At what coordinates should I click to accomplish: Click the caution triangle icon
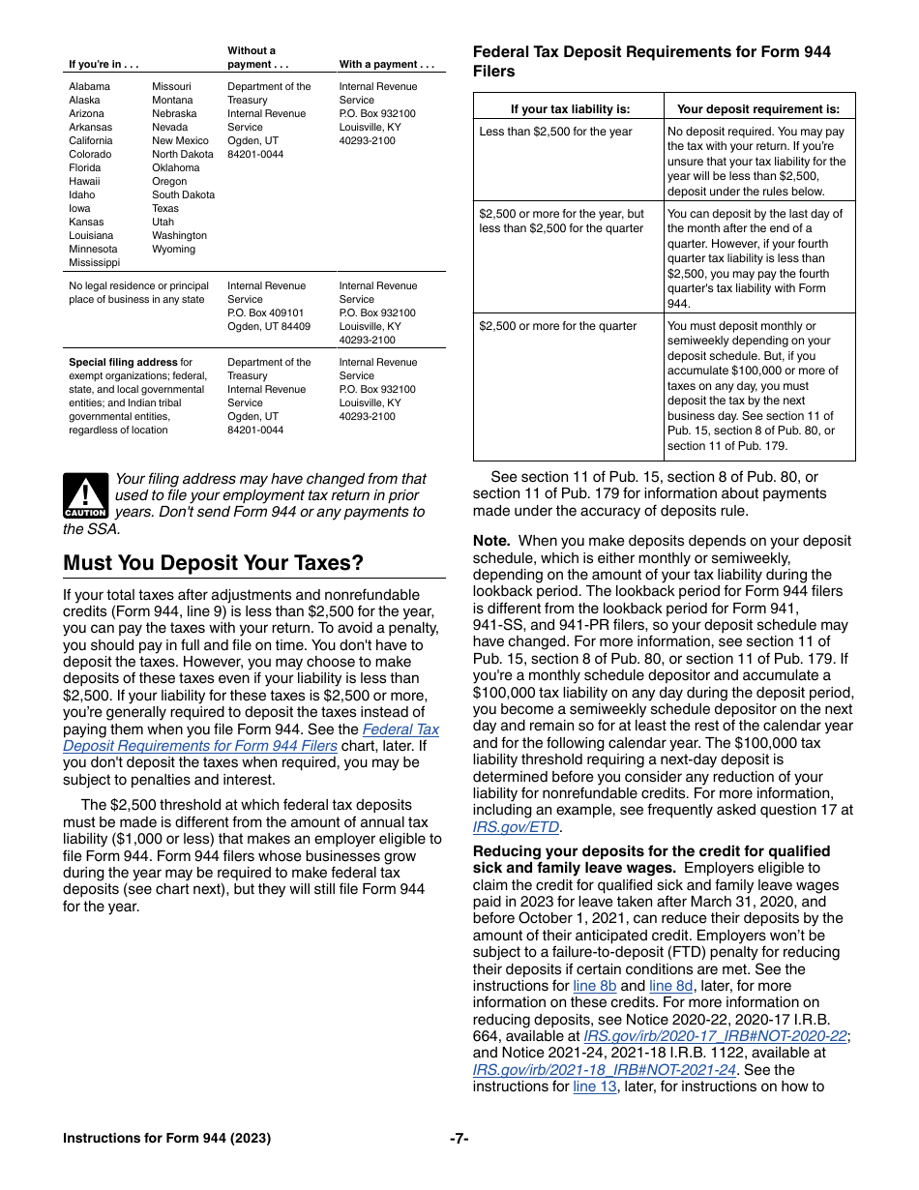point(85,495)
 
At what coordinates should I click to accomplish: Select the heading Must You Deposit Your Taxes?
point(213,563)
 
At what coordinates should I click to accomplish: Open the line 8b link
point(594,986)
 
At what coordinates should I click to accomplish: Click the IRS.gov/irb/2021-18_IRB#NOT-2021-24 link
point(604,1070)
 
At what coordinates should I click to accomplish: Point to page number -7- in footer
point(459,1139)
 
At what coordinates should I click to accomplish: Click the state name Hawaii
point(84,181)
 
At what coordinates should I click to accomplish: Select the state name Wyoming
point(173,249)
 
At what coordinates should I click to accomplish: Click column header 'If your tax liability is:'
point(570,109)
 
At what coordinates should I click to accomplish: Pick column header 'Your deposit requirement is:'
point(758,109)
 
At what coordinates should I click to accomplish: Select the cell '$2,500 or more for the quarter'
point(558,326)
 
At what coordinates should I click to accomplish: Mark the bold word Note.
point(491,541)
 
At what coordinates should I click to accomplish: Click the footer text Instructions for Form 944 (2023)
point(166,1139)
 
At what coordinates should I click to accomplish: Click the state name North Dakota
point(183,154)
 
